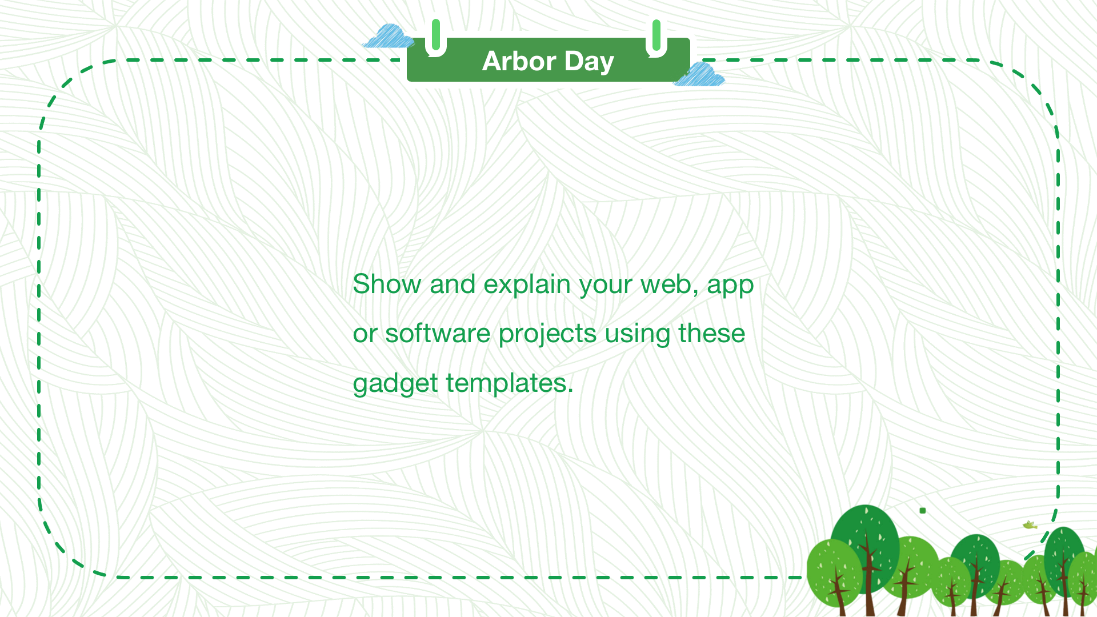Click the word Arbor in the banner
click(x=519, y=61)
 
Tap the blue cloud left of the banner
click(x=389, y=36)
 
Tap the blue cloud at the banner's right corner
click(x=699, y=75)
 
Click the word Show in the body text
click(x=387, y=284)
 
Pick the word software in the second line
click(x=438, y=334)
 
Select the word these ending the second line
click(x=712, y=334)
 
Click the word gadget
click(x=395, y=384)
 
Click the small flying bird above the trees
click(x=1030, y=525)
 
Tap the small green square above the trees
click(x=923, y=510)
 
